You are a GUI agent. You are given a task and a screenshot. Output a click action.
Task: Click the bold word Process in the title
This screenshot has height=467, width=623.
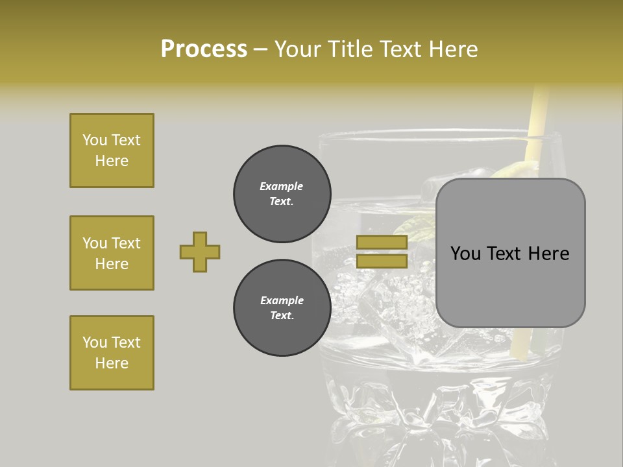point(204,49)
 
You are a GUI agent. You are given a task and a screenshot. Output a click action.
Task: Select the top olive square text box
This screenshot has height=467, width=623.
point(112,150)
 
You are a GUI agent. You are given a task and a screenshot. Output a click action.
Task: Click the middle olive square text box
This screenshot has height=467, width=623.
point(112,253)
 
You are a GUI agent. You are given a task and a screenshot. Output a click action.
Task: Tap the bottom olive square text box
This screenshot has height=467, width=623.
point(112,353)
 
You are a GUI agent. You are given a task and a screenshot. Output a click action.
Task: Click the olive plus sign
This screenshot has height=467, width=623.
point(200,252)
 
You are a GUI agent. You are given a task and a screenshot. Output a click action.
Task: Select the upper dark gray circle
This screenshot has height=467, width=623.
point(282,194)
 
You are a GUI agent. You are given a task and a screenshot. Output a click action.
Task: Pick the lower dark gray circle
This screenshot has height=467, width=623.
point(282,308)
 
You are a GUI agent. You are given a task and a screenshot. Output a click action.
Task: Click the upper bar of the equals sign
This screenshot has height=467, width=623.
point(382,243)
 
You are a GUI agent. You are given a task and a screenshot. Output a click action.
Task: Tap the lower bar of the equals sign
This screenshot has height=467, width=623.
point(382,261)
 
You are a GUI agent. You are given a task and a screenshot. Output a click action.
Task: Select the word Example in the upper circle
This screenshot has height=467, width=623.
point(282,186)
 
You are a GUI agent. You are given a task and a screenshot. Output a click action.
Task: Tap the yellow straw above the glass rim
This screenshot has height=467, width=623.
point(538,110)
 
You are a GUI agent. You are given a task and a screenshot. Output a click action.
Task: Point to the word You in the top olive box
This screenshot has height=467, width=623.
point(95,140)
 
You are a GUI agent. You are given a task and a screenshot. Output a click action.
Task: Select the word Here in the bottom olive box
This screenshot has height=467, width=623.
point(112,363)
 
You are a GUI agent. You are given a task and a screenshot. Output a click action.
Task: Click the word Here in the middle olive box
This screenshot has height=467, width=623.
point(112,264)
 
